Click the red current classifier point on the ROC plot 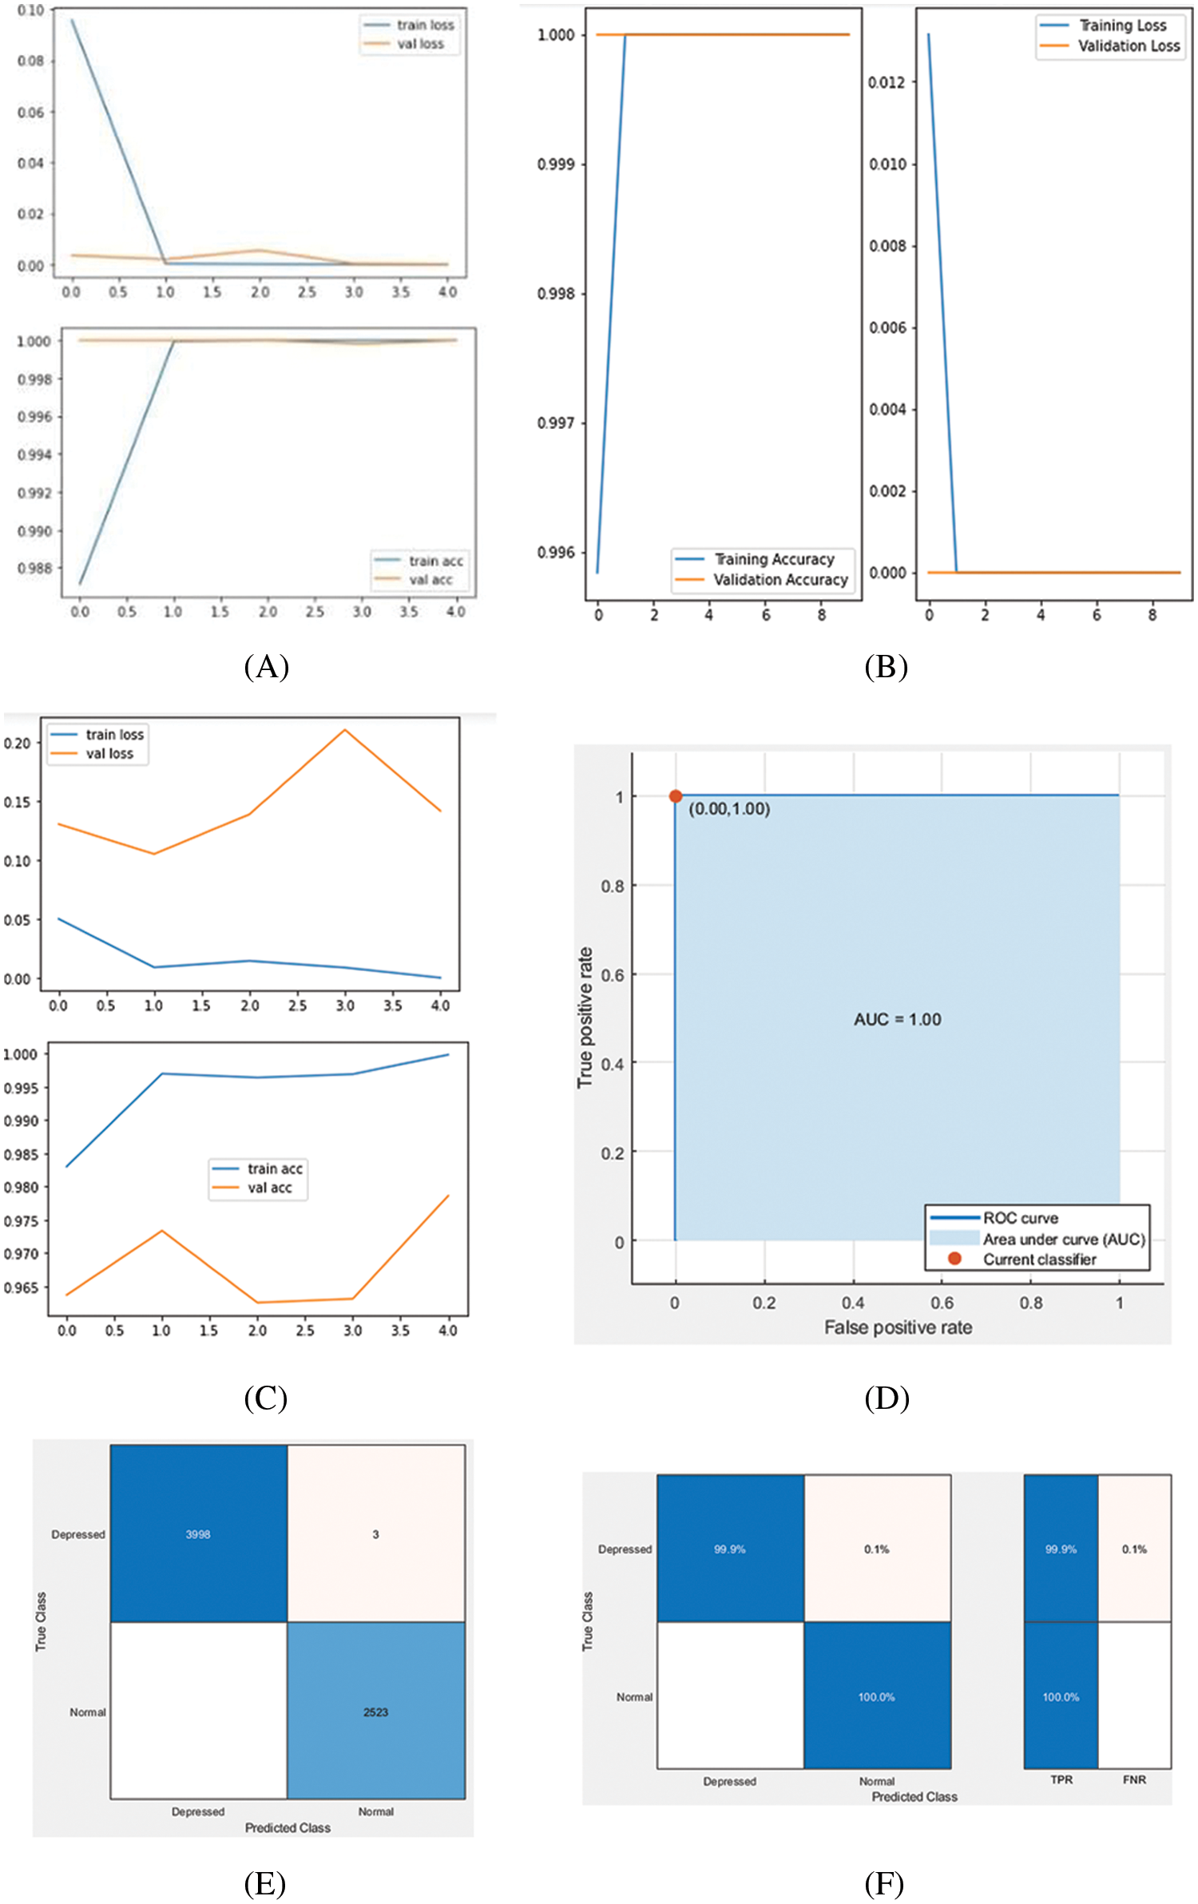click(676, 796)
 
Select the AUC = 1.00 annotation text click(897, 1020)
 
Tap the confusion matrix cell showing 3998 click(198, 1534)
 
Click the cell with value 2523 click(375, 1712)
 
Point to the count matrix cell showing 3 click(375, 1534)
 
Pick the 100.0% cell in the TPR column click(1061, 1697)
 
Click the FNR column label click(1134, 1779)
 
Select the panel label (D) click(887, 1398)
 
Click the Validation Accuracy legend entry click(779, 580)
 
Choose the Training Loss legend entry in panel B click(1122, 26)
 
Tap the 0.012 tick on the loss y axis click(887, 82)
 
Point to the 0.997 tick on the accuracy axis click(556, 422)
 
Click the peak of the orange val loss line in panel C click(344, 729)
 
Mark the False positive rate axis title click(898, 1327)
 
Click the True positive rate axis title click(585, 1017)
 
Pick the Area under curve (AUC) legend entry click(1063, 1240)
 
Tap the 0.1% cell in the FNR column click(1134, 1549)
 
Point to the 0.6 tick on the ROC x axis click(942, 1303)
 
